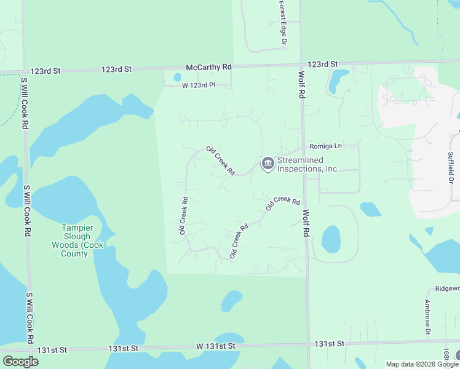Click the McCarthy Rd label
(210, 66)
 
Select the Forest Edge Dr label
(283, 23)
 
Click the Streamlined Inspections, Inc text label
(307, 164)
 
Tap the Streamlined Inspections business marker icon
(268, 164)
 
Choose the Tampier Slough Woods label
(76, 240)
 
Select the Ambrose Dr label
(427, 317)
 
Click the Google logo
(20, 362)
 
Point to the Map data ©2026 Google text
(422, 364)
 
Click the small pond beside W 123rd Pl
(177, 78)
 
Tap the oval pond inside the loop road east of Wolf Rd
(330, 239)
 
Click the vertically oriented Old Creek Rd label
(183, 215)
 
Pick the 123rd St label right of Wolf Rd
(323, 64)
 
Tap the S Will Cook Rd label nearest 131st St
(29, 317)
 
